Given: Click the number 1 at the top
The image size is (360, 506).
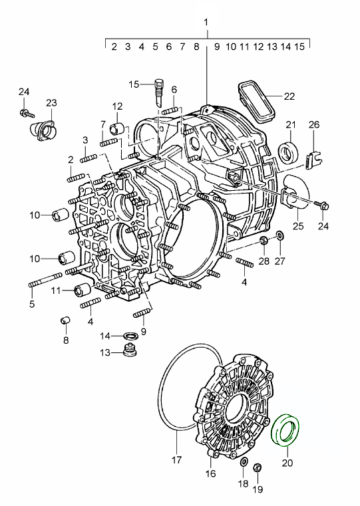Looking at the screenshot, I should pos(206,22).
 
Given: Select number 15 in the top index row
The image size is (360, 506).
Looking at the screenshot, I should pos(299,47).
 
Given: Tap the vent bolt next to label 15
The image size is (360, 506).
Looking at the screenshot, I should pos(158,90).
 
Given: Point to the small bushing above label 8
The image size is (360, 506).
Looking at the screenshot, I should pos(65,322).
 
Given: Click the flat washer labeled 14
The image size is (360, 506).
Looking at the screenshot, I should pos(131,334).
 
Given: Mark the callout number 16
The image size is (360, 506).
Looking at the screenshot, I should pos(210,474).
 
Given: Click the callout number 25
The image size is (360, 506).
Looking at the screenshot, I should pos(297,227).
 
